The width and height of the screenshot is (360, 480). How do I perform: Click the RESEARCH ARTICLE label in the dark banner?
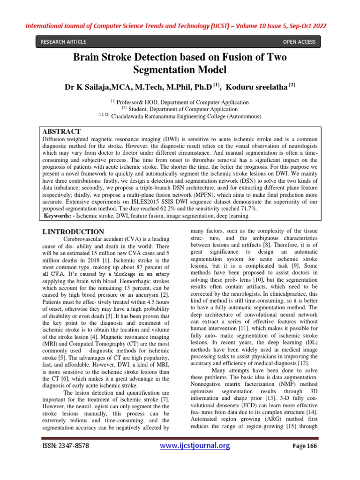tap(63, 42)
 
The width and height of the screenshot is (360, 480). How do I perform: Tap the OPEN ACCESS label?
tap(299, 42)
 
